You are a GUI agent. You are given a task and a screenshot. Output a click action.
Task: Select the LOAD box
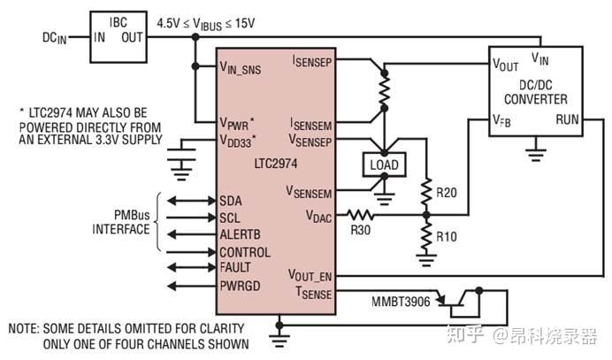pyautogui.click(x=383, y=165)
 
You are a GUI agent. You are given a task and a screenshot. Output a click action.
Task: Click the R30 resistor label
pyautogui.click(x=361, y=229)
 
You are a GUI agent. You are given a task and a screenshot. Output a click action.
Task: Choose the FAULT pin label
pyautogui.click(x=235, y=268)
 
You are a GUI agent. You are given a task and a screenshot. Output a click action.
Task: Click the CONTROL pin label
pyautogui.click(x=243, y=251)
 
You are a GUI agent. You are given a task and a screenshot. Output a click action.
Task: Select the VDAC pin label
pyautogui.click(x=319, y=213)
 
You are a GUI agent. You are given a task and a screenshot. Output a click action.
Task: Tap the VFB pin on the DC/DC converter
pyautogui.click(x=502, y=119)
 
